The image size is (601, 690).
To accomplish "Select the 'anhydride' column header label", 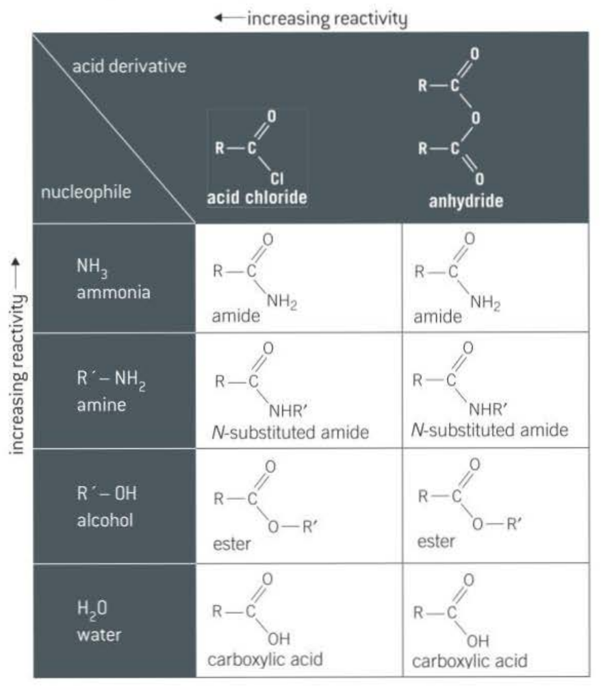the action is click(466, 201).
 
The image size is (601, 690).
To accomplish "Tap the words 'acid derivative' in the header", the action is click(129, 68).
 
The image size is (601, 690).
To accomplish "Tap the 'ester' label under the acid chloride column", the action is click(229, 546).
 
